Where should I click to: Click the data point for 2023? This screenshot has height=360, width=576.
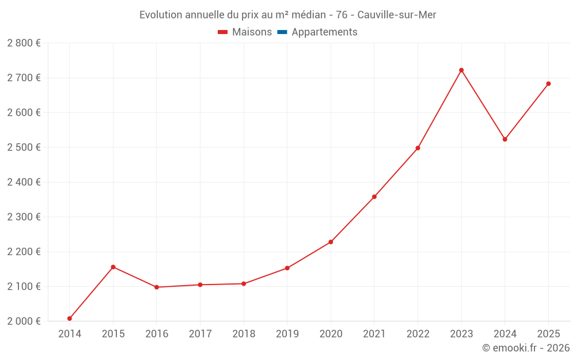(x=461, y=70)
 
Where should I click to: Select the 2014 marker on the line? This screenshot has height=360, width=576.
(x=70, y=319)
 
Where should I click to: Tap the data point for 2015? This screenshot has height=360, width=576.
(x=113, y=267)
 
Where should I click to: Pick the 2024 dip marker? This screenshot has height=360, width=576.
(x=505, y=139)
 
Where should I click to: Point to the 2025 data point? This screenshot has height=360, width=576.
(x=548, y=84)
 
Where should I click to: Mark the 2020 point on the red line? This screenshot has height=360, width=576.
(x=331, y=242)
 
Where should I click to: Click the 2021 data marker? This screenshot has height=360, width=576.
(x=374, y=197)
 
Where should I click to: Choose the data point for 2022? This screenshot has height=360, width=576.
(x=418, y=148)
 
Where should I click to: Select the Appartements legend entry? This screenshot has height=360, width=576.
(x=324, y=32)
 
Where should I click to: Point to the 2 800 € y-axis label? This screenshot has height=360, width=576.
(x=24, y=43)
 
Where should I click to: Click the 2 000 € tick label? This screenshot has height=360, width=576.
(x=24, y=321)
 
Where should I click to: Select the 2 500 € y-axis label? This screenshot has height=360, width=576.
(x=24, y=147)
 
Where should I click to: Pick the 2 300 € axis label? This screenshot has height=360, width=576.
(x=24, y=217)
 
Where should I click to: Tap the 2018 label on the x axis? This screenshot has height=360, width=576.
(x=244, y=334)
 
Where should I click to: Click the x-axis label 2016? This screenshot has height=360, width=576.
(x=157, y=334)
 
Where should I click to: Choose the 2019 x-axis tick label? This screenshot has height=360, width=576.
(x=287, y=334)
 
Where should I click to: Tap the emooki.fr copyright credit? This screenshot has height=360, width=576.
(x=525, y=348)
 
